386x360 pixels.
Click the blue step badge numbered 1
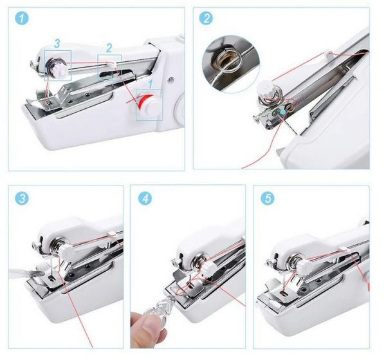(x=22, y=19)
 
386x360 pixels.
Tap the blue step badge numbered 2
(x=206, y=18)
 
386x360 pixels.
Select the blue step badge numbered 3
(x=22, y=198)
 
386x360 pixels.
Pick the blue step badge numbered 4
(x=145, y=198)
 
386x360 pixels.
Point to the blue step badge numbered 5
(x=268, y=198)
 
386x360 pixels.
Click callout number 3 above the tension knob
(x=57, y=44)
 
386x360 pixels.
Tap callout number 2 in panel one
(x=109, y=48)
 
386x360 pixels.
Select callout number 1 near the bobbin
(x=151, y=84)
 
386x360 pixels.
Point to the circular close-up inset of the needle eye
(x=231, y=64)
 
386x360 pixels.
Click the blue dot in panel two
(x=283, y=112)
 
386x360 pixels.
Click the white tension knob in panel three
(x=66, y=252)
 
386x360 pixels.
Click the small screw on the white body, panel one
(x=170, y=80)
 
